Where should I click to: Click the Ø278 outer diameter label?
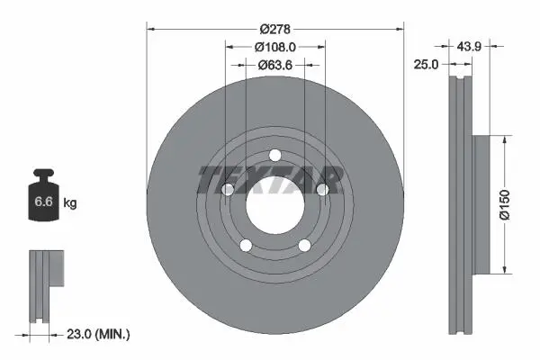[x=274, y=30]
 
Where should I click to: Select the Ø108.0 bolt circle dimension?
[x=275, y=47]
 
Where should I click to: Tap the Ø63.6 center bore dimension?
[x=275, y=65]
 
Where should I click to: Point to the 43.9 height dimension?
[x=469, y=46]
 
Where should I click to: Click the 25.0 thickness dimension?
[x=426, y=65]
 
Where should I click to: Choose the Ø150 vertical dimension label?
[x=504, y=204]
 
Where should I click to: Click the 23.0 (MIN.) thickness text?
[x=98, y=334]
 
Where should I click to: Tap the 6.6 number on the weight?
[x=43, y=202]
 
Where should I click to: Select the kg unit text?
[x=70, y=202]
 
